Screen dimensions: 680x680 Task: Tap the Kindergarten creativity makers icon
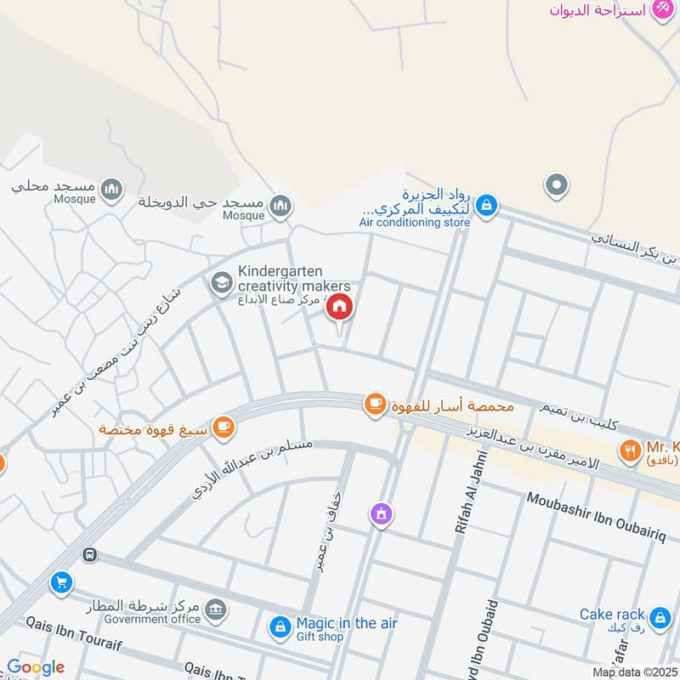(x=221, y=282)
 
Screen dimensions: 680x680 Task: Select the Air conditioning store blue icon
(x=486, y=205)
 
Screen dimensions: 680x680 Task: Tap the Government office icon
(x=217, y=608)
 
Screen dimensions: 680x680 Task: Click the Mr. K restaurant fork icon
(x=630, y=450)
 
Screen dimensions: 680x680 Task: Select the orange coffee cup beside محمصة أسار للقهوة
(x=375, y=405)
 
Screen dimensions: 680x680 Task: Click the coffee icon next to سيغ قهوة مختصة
(x=224, y=427)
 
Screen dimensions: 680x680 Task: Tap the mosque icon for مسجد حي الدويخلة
(x=280, y=206)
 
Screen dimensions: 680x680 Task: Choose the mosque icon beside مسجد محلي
(x=111, y=188)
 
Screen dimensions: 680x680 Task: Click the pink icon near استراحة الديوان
(x=662, y=9)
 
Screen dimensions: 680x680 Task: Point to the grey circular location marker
(x=557, y=184)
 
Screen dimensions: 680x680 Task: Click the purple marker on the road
(x=381, y=513)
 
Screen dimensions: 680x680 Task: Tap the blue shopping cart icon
(x=60, y=583)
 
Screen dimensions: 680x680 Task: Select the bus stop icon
(x=89, y=555)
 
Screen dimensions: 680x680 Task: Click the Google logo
(x=36, y=667)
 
